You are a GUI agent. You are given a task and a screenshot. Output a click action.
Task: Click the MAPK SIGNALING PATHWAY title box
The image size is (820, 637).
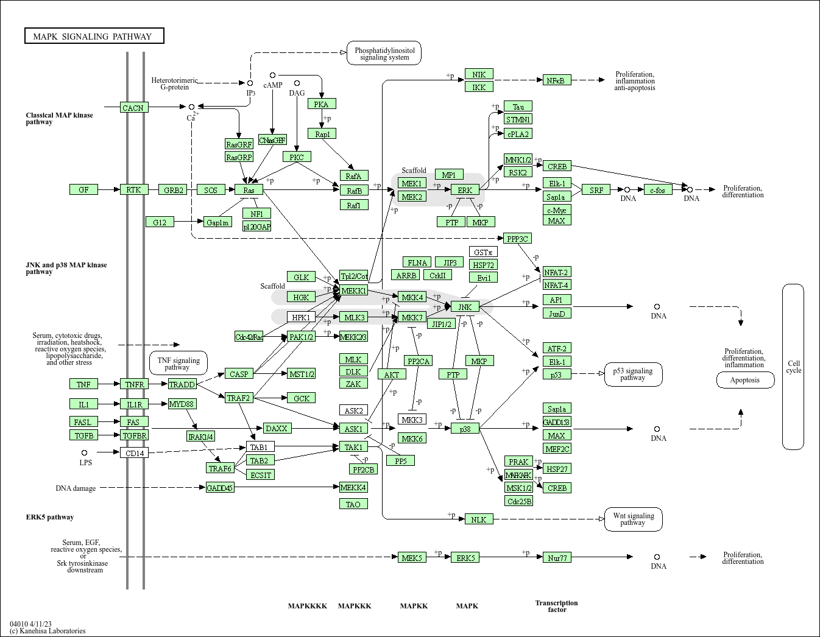(94, 37)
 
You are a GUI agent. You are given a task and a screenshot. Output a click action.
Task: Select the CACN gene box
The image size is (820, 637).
(133, 108)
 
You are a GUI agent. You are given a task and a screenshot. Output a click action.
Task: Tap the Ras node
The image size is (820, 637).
(249, 190)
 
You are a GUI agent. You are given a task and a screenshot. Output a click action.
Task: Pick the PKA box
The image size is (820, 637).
(322, 104)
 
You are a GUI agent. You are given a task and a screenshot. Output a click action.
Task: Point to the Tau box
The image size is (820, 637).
(518, 107)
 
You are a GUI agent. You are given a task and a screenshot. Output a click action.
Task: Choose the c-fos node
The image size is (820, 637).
(657, 190)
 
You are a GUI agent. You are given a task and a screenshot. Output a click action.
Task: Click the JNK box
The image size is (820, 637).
(465, 307)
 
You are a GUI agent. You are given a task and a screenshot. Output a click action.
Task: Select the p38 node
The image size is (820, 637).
(465, 429)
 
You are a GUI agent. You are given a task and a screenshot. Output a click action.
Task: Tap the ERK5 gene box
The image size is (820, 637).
(465, 557)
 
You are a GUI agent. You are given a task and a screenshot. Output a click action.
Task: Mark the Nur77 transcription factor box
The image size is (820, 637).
(557, 557)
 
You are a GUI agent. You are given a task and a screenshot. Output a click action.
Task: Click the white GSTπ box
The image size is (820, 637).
(483, 252)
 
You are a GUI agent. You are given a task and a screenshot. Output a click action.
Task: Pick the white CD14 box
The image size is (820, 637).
(134, 452)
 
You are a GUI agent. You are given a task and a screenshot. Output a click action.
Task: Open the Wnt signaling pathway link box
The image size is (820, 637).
(633, 519)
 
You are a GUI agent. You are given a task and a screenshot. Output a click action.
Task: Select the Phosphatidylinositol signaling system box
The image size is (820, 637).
(384, 54)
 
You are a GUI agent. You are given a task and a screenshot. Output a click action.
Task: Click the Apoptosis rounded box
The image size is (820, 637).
(745, 380)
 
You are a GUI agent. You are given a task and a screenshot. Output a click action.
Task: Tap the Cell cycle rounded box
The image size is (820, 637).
(793, 367)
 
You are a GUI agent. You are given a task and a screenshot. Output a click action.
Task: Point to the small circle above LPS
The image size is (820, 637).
(84, 452)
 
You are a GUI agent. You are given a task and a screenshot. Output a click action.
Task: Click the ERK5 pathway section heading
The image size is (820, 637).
(50, 517)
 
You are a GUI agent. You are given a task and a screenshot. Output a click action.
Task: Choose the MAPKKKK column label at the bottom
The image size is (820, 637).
(307, 606)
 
